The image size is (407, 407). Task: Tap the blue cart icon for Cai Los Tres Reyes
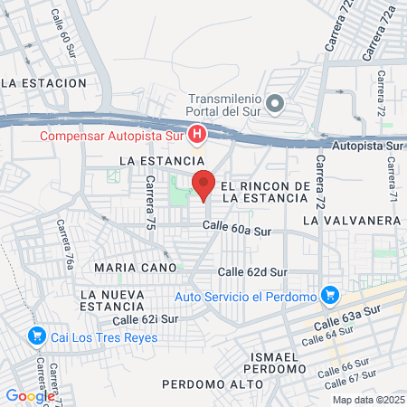click(x=37, y=337)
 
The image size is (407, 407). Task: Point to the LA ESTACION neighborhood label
click(x=44, y=82)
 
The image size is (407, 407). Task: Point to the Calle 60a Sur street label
click(x=237, y=230)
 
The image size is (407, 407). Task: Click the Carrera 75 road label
click(x=151, y=202)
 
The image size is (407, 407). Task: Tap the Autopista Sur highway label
click(x=368, y=144)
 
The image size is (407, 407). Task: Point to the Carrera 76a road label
click(x=66, y=245)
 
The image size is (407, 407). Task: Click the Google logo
click(x=30, y=395)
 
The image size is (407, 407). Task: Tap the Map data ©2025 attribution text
click(x=368, y=400)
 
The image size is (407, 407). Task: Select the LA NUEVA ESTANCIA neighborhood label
click(x=112, y=301)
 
